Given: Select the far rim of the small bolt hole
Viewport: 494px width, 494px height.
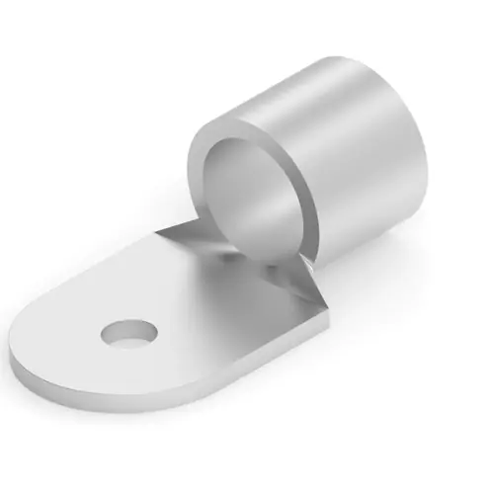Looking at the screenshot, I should pos(128,323).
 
